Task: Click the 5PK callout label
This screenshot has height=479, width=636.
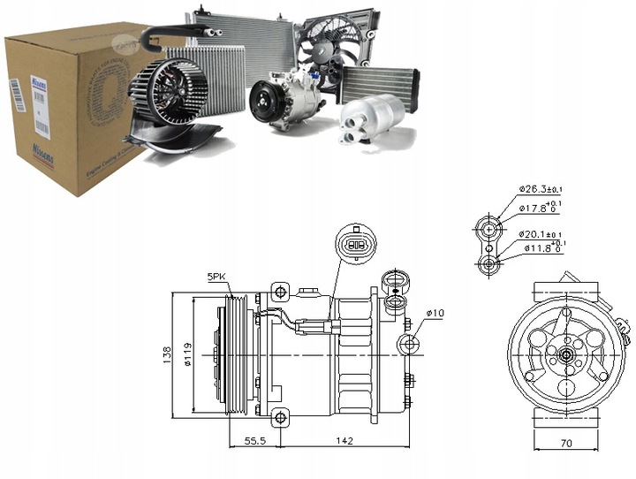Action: pos(217,278)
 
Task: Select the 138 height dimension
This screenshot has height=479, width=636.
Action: pos(168,354)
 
